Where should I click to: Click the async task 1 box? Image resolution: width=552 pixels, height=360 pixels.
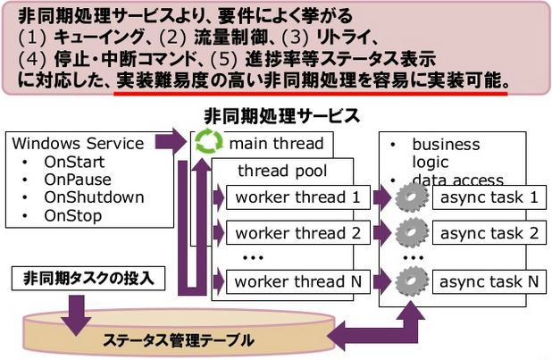pyautogui.click(x=488, y=197)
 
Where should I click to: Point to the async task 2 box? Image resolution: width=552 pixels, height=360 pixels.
pyautogui.click(x=488, y=234)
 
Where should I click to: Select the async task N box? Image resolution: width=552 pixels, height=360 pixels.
pyautogui.click(x=488, y=281)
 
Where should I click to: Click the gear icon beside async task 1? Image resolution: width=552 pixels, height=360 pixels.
pyautogui.click(x=410, y=197)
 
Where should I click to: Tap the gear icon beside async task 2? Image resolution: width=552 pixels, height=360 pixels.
pyautogui.click(x=410, y=233)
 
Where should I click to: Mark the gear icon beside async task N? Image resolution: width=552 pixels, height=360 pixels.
pyautogui.click(x=410, y=281)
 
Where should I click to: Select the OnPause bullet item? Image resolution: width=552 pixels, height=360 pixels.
pyautogui.click(x=78, y=180)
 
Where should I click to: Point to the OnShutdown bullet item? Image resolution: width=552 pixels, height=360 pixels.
pyautogui.click(x=93, y=197)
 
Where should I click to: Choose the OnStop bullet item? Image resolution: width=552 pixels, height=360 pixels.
pyautogui.click(x=71, y=215)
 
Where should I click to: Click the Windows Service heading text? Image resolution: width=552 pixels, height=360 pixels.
pyautogui.click(x=79, y=143)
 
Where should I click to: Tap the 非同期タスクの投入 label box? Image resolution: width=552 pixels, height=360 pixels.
pyautogui.click(x=88, y=278)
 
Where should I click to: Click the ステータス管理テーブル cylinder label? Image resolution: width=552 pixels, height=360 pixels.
pyautogui.click(x=178, y=340)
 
